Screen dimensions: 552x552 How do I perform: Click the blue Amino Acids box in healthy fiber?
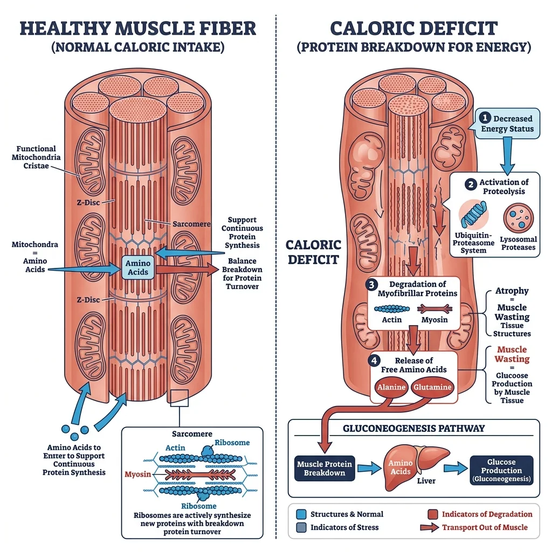click(x=137, y=267)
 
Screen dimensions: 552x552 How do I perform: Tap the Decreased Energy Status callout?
click(x=507, y=123)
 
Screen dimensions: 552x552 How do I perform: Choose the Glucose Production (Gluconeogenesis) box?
click(x=501, y=470)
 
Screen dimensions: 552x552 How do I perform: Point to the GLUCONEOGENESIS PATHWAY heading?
click(x=414, y=429)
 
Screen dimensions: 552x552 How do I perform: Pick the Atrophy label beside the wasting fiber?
click(x=512, y=291)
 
